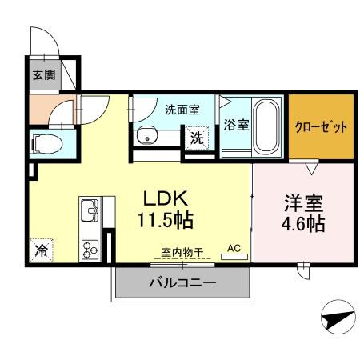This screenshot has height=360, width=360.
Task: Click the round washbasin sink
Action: pyautogui.click(x=147, y=137)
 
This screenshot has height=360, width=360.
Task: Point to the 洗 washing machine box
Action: pyautogui.click(x=197, y=137)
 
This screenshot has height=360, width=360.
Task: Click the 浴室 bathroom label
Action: pyautogui.click(x=236, y=125)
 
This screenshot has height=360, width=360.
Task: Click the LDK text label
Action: pyautogui.click(x=166, y=198)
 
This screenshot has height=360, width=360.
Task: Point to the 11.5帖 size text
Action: pyautogui.click(x=166, y=219)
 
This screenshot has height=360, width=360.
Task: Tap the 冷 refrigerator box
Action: pyautogui.click(x=39, y=250)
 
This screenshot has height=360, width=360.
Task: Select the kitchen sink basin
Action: pyautogui.click(x=88, y=213)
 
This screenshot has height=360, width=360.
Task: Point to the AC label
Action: pyautogui.click(x=234, y=249)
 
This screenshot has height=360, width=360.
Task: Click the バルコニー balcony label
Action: pyautogui.click(x=182, y=283)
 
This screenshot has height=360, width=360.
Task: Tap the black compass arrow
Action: pyautogui.click(x=338, y=320)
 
